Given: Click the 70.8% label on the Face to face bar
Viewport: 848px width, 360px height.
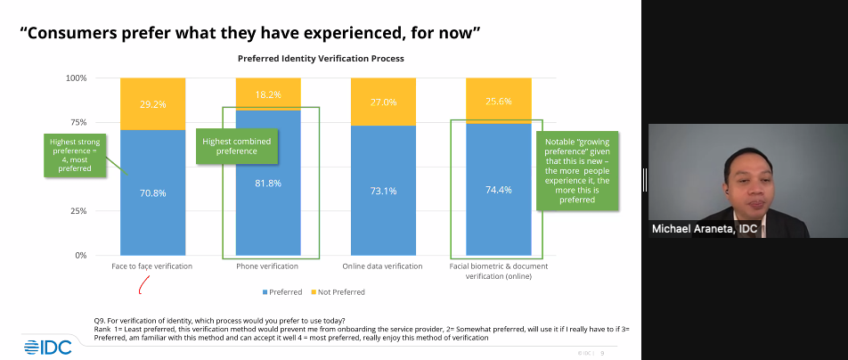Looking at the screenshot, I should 152,192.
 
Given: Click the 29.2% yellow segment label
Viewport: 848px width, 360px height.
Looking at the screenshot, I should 152,104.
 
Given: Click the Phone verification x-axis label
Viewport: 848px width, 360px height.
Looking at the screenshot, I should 266,266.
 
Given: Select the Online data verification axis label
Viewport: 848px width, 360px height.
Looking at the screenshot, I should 382,266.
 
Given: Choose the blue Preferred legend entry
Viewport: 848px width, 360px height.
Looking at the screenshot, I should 282,291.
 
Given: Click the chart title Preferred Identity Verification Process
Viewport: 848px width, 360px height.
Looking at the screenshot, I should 321,58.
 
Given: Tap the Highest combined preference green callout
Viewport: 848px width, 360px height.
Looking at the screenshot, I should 235,146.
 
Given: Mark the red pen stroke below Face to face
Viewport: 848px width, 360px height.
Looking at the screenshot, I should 142,284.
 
